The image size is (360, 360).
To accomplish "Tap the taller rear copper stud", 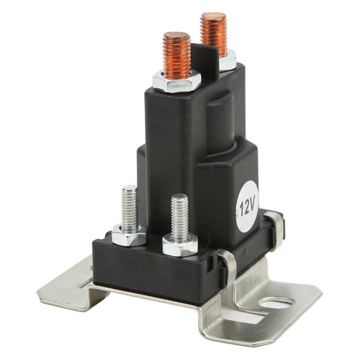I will click(x=213, y=34).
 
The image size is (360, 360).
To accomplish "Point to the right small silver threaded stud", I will click(x=180, y=216).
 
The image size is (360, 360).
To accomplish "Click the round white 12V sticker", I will click(x=247, y=207).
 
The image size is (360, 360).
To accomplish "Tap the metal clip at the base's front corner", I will click(x=228, y=268).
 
